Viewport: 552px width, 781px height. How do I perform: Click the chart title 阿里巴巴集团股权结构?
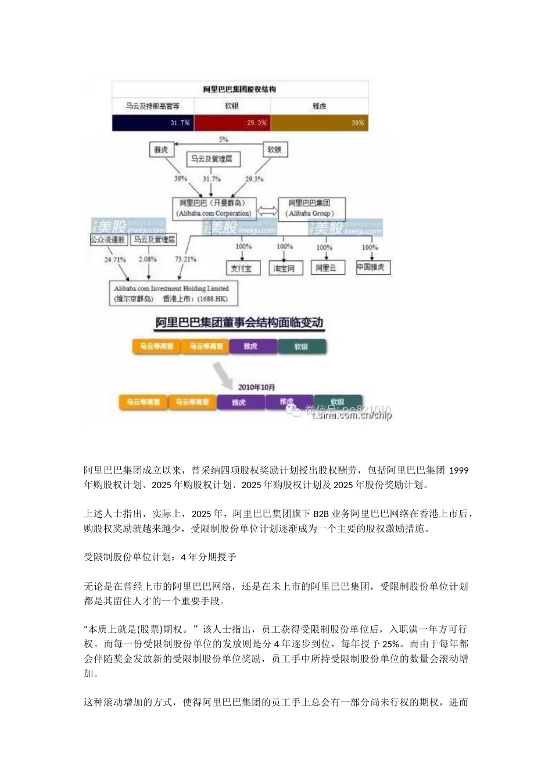[x=239, y=89]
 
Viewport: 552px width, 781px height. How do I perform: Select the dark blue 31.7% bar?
[x=152, y=123]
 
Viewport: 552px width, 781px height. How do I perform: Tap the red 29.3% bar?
[x=232, y=123]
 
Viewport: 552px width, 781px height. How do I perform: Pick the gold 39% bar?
[x=319, y=123]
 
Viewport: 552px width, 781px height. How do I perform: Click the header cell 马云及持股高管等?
[x=152, y=106]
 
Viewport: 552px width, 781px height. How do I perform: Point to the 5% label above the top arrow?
[x=224, y=139]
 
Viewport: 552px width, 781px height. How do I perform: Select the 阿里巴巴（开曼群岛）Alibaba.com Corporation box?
[x=214, y=208]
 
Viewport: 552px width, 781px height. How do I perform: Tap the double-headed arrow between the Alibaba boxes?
[x=267, y=210]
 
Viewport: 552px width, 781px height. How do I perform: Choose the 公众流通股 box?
[x=109, y=239]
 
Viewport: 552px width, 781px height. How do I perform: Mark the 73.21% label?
[x=186, y=259]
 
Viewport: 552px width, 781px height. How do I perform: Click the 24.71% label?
[x=115, y=259]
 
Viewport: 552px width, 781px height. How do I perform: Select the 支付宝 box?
[x=242, y=268]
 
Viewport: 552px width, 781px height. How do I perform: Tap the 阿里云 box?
[x=326, y=268]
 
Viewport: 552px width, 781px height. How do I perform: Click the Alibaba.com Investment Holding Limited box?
[x=172, y=293]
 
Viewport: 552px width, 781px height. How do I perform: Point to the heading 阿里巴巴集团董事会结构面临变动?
[x=239, y=323]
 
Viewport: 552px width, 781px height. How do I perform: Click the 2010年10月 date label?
[x=257, y=387]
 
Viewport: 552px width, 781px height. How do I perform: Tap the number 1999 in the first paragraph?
[x=459, y=470]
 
